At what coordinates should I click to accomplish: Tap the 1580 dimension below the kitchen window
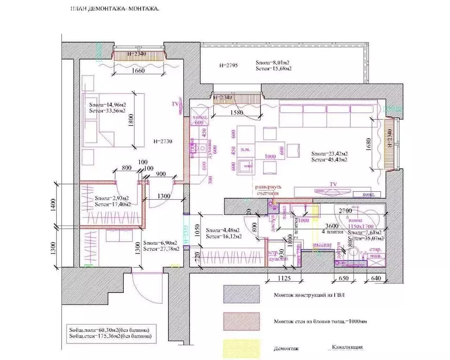238,113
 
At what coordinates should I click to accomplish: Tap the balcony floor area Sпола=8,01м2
273,62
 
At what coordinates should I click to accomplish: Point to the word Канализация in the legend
347,347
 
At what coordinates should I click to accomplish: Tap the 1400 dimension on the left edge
53,205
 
